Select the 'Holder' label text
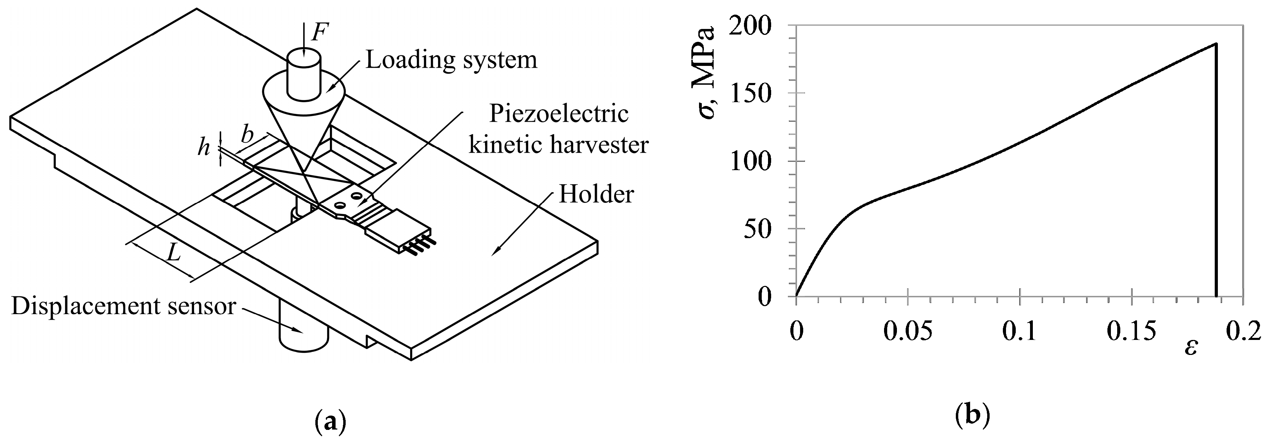(x=596, y=195)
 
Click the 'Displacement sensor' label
(x=123, y=306)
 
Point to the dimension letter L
(x=173, y=253)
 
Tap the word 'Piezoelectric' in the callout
(x=558, y=114)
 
